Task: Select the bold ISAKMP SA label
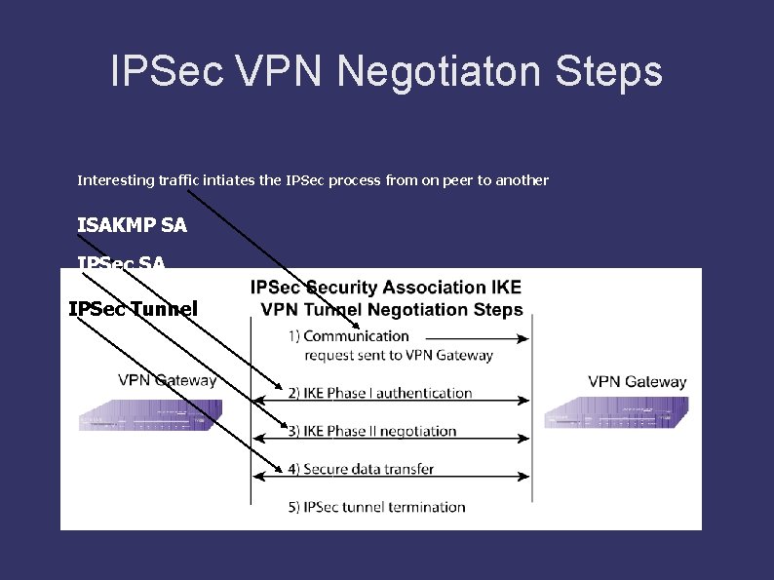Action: point(132,225)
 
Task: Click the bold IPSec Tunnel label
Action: point(133,309)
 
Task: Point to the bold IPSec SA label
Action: point(121,262)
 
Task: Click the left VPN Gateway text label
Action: point(168,380)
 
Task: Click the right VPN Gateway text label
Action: point(638,381)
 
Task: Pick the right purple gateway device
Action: point(616,412)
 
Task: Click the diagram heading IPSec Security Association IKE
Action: point(386,288)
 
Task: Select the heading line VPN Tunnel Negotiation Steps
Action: point(392,310)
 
